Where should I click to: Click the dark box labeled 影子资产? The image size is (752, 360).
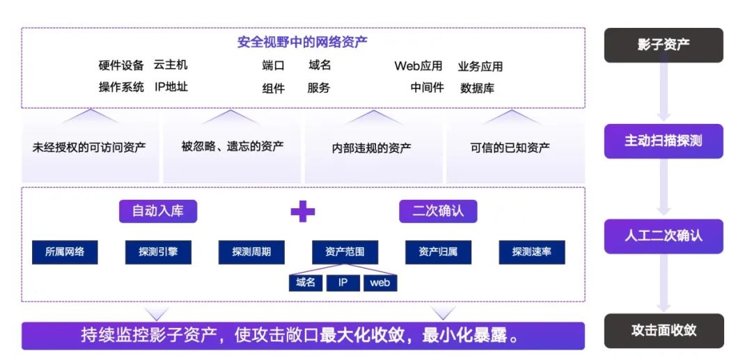663,45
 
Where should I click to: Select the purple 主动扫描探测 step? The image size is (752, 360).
663,141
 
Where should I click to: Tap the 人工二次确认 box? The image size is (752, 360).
663,236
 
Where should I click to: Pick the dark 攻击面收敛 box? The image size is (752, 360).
663,331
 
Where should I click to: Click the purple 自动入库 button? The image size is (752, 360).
158,211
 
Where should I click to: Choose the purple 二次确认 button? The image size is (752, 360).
438,211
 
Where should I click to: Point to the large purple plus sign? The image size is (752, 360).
303,211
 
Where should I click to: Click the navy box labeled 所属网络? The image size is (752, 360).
65,252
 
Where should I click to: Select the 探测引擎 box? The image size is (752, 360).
158,252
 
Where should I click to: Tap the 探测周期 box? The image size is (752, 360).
251,252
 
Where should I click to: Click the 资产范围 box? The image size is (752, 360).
345,252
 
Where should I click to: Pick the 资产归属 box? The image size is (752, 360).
438,252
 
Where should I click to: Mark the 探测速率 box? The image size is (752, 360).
531,252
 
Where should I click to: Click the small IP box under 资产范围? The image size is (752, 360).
343,283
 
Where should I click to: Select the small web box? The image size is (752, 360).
380,283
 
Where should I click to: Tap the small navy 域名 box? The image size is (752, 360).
306,283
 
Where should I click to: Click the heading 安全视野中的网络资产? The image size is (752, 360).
303,42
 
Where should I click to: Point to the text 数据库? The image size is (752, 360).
477,88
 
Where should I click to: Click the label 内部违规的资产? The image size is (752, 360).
371,148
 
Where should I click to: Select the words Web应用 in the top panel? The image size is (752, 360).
418,66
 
